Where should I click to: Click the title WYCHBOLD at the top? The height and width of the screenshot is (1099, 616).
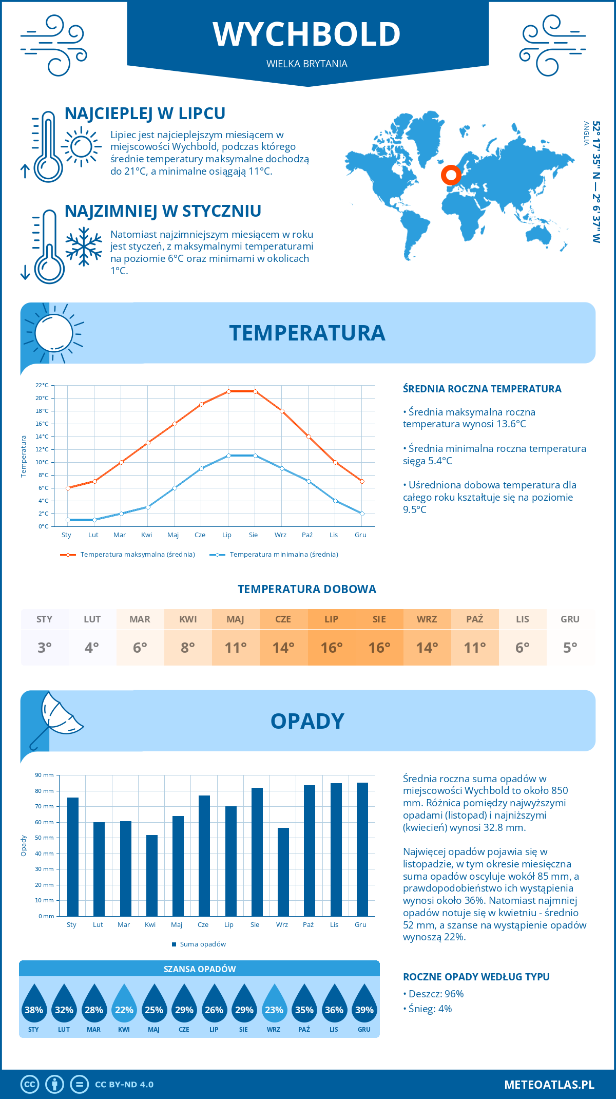coord(307,34)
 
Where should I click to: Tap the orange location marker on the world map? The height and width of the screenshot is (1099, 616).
coord(451,175)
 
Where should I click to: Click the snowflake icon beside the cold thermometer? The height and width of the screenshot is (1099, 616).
coord(84,247)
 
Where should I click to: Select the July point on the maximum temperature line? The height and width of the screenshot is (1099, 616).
coord(228,391)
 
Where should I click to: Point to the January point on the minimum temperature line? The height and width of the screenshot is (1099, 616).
coord(68,520)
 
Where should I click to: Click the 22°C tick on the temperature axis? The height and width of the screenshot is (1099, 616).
coord(42,385)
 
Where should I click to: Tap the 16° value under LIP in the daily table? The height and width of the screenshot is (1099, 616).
coord(332,648)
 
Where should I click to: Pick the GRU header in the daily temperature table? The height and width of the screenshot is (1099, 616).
coord(570,619)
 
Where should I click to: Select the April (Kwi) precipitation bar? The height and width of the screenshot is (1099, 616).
coord(152,876)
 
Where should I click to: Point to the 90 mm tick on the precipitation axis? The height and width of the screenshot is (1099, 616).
coord(45,775)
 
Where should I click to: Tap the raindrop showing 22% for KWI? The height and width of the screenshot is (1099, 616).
coord(124,1003)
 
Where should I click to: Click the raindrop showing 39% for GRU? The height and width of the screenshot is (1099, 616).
coord(364,1003)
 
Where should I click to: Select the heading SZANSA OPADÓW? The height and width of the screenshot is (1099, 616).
coord(200,969)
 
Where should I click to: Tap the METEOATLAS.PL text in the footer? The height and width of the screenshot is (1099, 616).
coord(549,1085)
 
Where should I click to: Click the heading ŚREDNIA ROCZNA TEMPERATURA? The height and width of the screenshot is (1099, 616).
coord(482,389)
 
